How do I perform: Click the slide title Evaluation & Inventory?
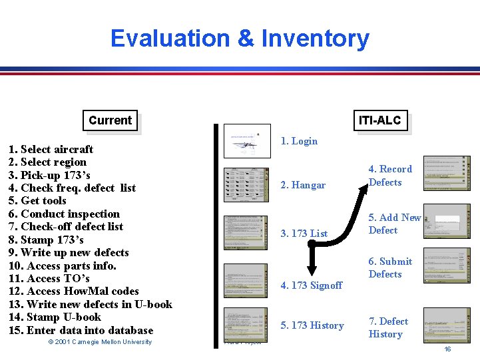coord(240,39)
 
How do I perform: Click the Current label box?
coord(110,120)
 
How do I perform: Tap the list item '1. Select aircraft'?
coord(51,149)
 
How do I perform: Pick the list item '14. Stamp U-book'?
coord(55,317)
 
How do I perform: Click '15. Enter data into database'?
coord(81,330)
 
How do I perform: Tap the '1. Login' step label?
coord(299,141)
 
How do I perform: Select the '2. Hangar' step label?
coord(303,185)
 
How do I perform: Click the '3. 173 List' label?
coord(304,233)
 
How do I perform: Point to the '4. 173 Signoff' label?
coord(311,285)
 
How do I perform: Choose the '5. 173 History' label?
coord(312,325)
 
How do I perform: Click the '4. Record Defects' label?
coord(390,176)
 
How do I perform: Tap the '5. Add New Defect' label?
coord(395,224)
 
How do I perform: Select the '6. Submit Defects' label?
coord(390,268)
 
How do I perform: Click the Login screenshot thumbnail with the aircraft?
coord(248,141)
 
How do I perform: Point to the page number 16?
coord(447,349)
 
